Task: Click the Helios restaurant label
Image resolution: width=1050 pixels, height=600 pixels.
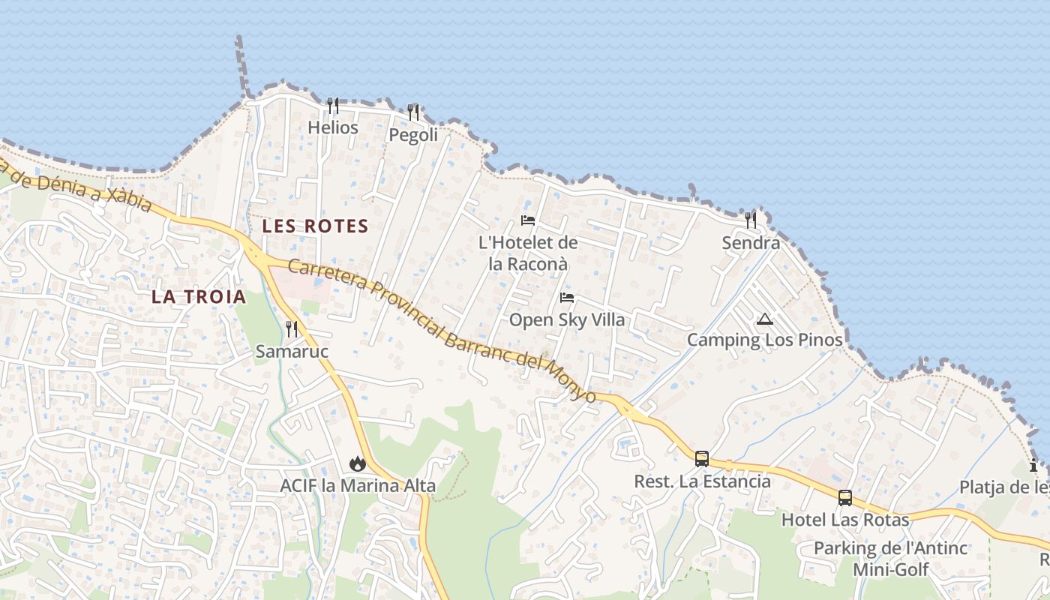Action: (x=333, y=127)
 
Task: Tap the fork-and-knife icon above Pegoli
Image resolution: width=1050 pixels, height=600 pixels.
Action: (x=413, y=112)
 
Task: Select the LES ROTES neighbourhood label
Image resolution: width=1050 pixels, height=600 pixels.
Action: (x=315, y=226)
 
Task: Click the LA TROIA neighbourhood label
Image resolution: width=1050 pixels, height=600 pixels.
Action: (x=199, y=296)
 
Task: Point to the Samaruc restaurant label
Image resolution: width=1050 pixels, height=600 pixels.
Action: (x=292, y=351)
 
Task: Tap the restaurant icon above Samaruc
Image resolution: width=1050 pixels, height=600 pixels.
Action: (x=292, y=328)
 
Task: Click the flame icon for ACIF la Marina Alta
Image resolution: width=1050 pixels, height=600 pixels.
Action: (x=357, y=463)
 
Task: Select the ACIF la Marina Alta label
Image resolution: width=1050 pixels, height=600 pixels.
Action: (x=357, y=485)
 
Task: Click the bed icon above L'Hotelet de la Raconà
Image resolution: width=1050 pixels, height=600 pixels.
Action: (x=528, y=220)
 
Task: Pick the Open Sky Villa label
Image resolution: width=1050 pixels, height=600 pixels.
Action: (x=566, y=319)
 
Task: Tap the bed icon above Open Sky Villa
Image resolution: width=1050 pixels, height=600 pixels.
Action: (x=566, y=298)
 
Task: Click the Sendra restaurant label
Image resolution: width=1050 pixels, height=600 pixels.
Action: (x=751, y=242)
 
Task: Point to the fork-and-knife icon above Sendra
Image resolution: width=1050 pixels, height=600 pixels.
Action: (x=751, y=220)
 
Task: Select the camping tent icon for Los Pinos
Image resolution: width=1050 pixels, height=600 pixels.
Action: (x=764, y=319)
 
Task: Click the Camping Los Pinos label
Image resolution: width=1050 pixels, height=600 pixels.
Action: (x=764, y=340)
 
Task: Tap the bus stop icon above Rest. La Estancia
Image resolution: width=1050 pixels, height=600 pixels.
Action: (x=702, y=458)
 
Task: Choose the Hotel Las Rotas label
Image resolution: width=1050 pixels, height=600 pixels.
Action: (x=845, y=520)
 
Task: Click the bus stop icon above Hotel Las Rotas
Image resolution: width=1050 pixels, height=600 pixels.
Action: (x=845, y=497)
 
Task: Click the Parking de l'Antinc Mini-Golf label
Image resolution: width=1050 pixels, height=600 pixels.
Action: (x=891, y=559)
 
